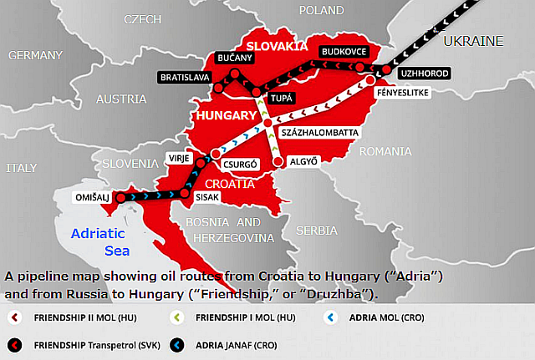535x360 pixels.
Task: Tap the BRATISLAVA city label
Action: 184,78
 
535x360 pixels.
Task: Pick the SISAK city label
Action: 206,198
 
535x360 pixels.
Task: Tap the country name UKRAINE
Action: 473,41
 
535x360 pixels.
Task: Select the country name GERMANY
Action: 35,55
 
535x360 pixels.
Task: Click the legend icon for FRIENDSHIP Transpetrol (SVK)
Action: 14,343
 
